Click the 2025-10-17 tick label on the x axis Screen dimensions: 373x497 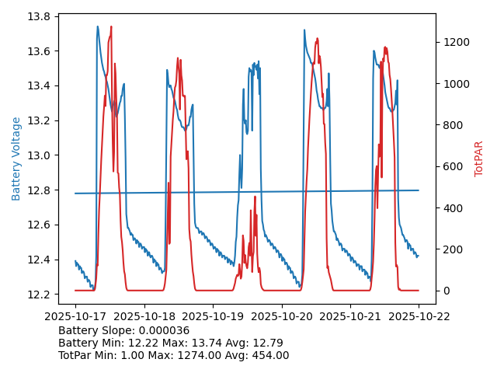[x=75, y=316]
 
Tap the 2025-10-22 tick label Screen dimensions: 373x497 [x=419, y=316]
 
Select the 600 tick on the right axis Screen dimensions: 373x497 [x=451, y=166]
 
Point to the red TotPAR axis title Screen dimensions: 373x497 [x=479, y=159]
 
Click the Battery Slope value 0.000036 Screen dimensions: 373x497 [x=162, y=330]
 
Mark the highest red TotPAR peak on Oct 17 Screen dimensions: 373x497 [x=111, y=26]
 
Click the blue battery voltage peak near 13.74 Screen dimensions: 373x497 [x=98, y=26]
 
